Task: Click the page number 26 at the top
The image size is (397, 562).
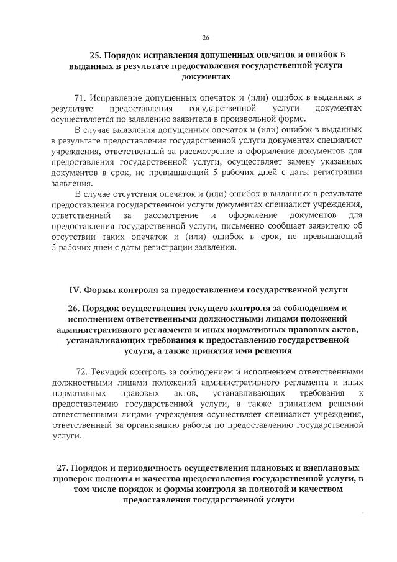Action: [206, 37]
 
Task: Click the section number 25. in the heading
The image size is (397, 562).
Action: [99, 55]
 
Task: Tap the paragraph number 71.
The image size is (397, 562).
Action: [80, 98]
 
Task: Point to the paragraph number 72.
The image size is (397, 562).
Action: [82, 372]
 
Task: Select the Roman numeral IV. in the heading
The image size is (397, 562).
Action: [75, 289]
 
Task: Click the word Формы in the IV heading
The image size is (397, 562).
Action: [99, 289]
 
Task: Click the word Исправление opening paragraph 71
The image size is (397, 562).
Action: [116, 98]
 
